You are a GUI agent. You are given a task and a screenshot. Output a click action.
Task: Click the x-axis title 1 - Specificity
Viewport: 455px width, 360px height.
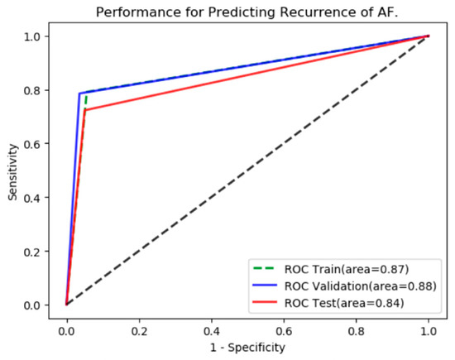tap(247, 346)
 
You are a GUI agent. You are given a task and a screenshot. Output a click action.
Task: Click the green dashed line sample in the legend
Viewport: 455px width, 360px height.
tap(267, 269)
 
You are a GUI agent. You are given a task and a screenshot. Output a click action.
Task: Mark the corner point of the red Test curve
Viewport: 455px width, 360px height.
tap(84, 110)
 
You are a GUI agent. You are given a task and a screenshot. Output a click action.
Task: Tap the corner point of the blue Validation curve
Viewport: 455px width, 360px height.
tap(79, 94)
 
